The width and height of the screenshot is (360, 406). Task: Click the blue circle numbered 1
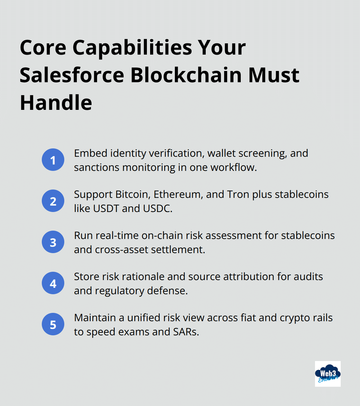53,160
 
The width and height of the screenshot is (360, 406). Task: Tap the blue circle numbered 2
53,201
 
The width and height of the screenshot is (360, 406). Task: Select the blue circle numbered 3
53,242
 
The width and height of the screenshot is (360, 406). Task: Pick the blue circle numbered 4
53,283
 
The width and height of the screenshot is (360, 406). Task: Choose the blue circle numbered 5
53,324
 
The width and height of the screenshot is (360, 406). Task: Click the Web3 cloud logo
328,374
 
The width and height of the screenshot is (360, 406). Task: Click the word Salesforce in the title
72,75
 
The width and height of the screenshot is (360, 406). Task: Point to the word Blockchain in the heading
186,75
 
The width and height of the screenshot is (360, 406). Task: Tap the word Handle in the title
56,103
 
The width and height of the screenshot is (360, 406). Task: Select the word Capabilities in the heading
132,48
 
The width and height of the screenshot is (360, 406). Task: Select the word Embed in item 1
90,153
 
